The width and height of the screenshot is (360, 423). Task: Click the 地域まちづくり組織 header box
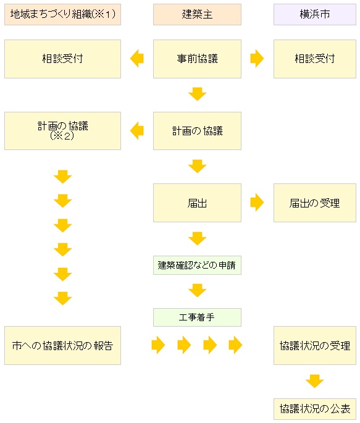pyautogui.click(x=62, y=15)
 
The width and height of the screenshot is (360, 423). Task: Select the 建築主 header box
pyautogui.click(x=197, y=15)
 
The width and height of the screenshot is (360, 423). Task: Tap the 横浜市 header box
pyautogui.click(x=315, y=15)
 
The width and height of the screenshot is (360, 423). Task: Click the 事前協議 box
pyautogui.click(x=197, y=59)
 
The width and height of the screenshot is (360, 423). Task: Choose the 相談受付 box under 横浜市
pyautogui.click(x=315, y=59)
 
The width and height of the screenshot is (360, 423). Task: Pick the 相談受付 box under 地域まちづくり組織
pyautogui.click(x=62, y=59)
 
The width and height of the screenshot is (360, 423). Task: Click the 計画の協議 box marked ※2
pyautogui.click(x=62, y=131)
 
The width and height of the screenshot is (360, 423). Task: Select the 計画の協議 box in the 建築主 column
pyautogui.click(x=197, y=131)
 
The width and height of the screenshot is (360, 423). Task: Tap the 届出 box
pyautogui.click(x=197, y=203)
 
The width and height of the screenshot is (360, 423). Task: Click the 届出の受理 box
pyautogui.click(x=315, y=203)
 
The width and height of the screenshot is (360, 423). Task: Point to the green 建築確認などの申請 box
pyautogui.click(x=197, y=265)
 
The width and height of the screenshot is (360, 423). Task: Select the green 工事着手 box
pyautogui.click(x=197, y=317)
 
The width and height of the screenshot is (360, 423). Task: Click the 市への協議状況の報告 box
pyautogui.click(x=62, y=346)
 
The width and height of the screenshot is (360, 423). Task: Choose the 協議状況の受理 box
pyautogui.click(x=315, y=346)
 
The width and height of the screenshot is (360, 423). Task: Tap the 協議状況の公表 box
pyautogui.click(x=315, y=409)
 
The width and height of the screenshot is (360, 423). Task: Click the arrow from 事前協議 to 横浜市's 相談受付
pyautogui.click(x=257, y=58)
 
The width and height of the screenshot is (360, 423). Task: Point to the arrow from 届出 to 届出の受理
pyautogui.click(x=257, y=203)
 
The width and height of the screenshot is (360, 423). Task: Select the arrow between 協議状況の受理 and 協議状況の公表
pyautogui.click(x=315, y=381)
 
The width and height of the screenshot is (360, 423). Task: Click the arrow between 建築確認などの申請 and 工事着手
pyautogui.click(x=198, y=290)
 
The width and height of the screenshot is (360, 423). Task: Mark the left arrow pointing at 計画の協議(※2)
pyautogui.click(x=136, y=130)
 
